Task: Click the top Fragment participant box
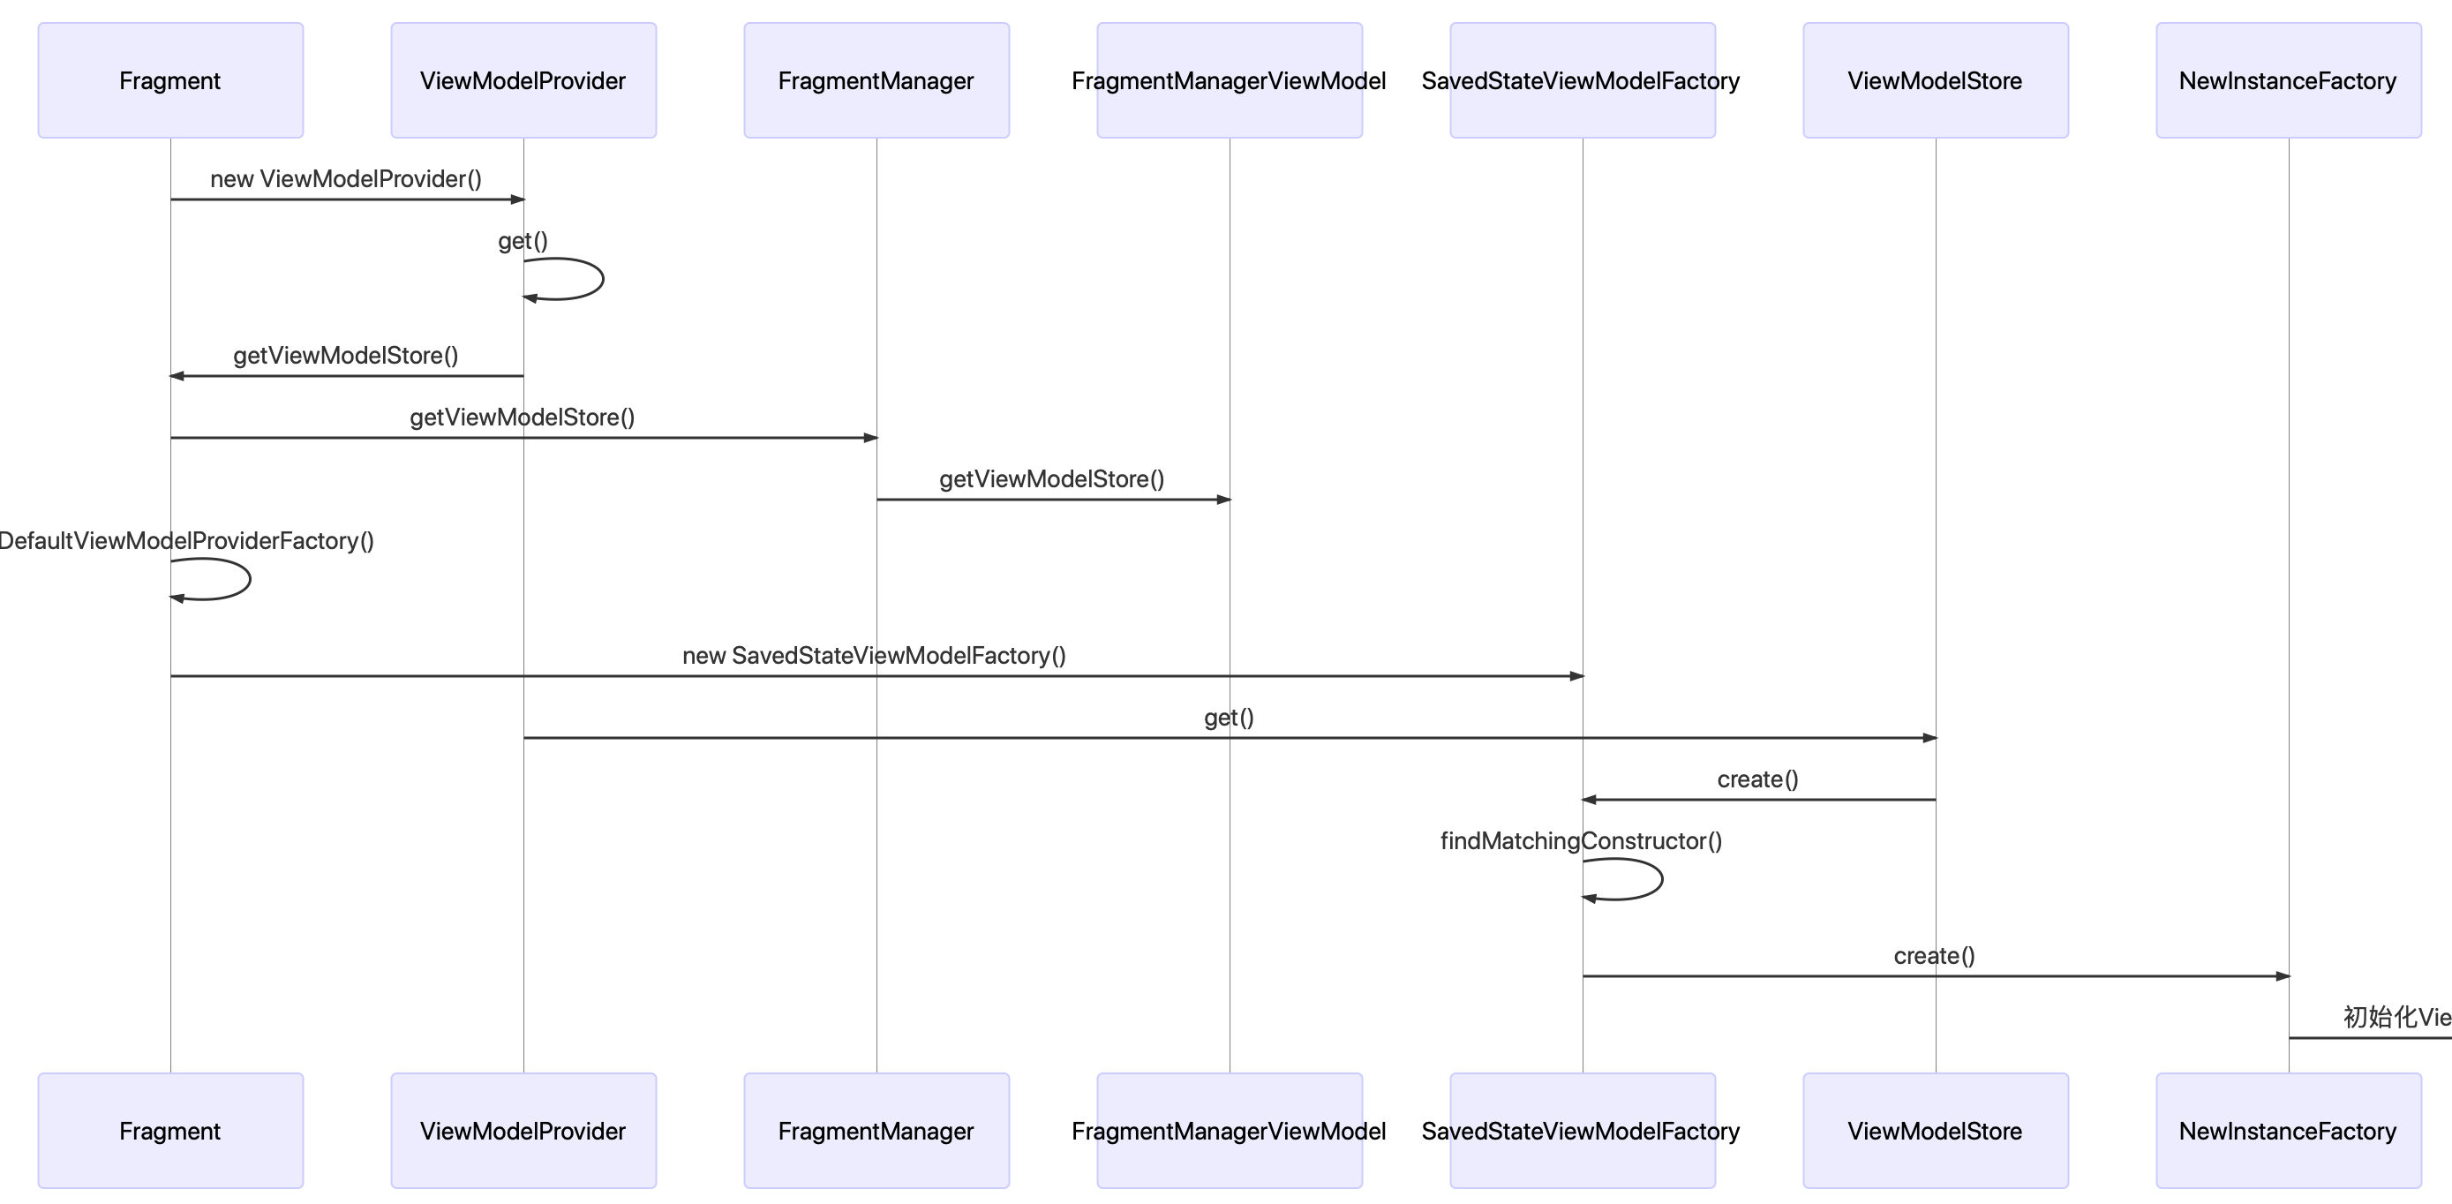point(170,81)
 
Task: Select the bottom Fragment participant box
point(170,1131)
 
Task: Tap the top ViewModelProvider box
point(523,81)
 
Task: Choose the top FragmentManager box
point(876,81)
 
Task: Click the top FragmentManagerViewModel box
point(1229,81)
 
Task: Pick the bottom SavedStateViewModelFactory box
point(1582,1131)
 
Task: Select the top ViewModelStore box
point(1935,81)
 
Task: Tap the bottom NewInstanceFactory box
point(2289,1131)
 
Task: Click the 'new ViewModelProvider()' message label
point(345,179)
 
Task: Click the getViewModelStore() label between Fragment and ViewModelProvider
point(345,355)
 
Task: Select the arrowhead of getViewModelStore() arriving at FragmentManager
point(870,438)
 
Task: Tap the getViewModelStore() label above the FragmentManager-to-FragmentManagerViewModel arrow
point(1052,478)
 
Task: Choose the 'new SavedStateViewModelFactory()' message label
point(874,656)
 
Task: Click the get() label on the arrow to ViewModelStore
point(1229,718)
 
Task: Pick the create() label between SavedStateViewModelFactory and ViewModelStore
point(1758,779)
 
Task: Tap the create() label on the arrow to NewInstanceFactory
point(1934,956)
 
